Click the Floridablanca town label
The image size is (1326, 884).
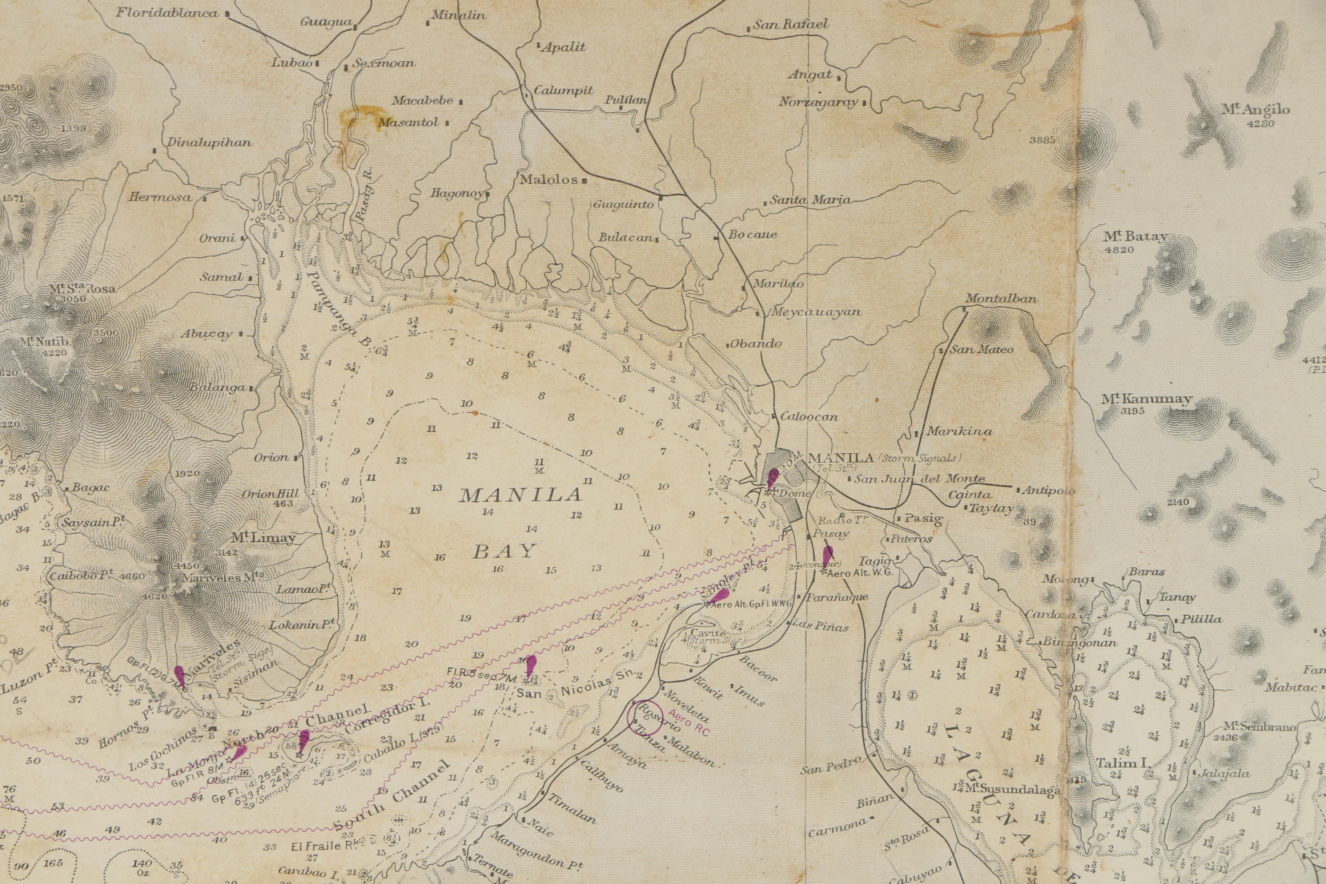pyautogui.click(x=168, y=12)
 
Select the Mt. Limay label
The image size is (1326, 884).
pyautogui.click(x=263, y=538)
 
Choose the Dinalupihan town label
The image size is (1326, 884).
pyautogui.click(x=209, y=142)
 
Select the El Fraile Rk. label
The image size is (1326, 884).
pyautogui.click(x=324, y=846)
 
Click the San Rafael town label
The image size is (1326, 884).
pyautogui.click(x=791, y=24)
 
